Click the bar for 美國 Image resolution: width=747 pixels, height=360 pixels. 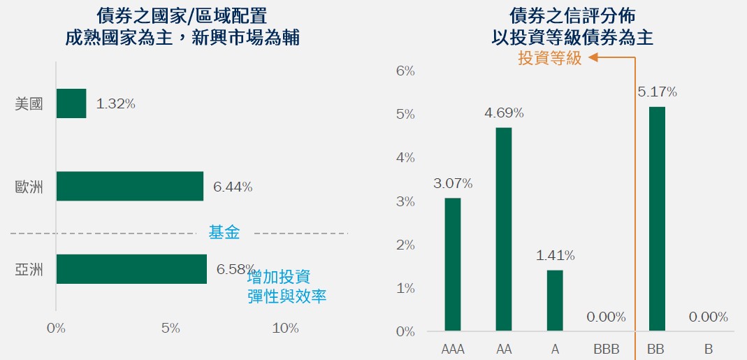71,103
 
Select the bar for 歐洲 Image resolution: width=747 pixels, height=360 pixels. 129,187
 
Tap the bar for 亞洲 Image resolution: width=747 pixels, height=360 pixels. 131,269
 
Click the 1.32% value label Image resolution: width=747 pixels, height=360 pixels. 115,104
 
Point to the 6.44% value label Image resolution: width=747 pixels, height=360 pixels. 233,187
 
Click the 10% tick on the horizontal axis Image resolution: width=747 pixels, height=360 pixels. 285,329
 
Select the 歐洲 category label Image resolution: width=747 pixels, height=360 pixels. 29,187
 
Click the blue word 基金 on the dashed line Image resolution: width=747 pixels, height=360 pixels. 224,233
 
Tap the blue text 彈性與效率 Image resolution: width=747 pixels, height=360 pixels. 287,296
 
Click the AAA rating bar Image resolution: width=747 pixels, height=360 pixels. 453,264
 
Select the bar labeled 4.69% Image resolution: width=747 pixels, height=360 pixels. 504,229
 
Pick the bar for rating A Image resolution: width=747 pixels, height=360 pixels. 555,301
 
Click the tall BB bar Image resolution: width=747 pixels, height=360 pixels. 657,218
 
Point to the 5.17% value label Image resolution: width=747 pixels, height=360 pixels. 657,92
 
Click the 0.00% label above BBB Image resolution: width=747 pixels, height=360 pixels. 606,317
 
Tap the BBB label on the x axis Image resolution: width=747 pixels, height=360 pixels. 606,348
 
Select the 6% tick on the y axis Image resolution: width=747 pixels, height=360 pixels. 405,71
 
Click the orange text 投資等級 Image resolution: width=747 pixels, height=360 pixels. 549,59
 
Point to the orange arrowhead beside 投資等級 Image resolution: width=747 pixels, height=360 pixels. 593,59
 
